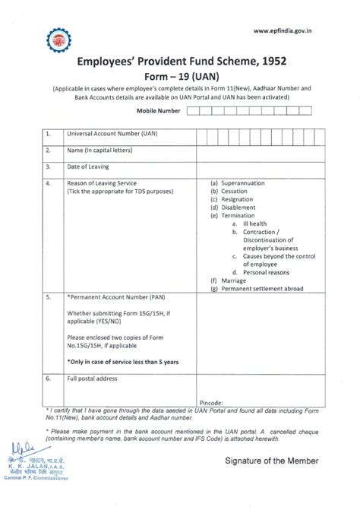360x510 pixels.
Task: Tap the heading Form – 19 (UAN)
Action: tap(180, 76)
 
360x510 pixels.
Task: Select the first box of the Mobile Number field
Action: tap(193, 111)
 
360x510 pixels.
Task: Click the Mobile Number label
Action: tap(158, 111)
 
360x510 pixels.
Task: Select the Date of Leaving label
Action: tap(88, 166)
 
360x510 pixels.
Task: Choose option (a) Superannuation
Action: tap(239, 183)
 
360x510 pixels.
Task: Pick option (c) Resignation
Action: tap(234, 199)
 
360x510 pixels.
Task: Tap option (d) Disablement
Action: tap(235, 207)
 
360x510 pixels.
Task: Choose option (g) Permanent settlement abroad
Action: tap(258, 288)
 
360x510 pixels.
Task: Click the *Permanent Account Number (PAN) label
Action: tap(117, 300)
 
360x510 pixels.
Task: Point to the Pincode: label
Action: tap(212, 401)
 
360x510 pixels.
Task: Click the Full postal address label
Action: tap(93, 378)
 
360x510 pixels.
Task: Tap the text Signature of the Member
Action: tap(272, 461)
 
